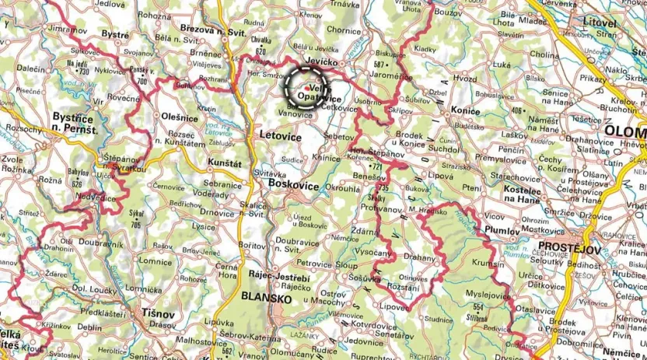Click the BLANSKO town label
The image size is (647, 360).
[x=267, y=298]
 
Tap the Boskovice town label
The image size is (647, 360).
[x=294, y=186]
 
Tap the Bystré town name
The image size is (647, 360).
[x=116, y=35]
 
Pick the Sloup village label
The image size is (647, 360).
[x=347, y=264]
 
